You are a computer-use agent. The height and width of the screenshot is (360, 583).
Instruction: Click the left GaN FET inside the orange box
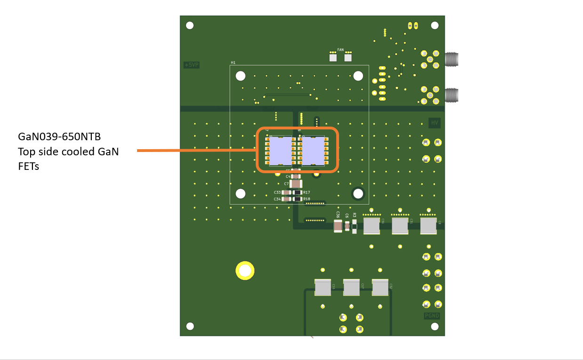(280, 152)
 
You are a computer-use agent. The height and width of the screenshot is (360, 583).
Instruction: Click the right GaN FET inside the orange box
(313, 152)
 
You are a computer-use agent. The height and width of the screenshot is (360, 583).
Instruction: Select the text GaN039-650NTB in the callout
(60, 137)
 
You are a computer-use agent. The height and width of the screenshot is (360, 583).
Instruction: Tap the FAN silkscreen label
(340, 49)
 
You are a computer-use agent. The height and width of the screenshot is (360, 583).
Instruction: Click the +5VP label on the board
(192, 65)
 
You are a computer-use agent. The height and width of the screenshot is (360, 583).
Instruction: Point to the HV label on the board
(435, 123)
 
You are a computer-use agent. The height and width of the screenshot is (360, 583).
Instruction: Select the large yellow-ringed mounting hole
(245, 271)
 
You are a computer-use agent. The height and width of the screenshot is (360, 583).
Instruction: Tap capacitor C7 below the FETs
(296, 184)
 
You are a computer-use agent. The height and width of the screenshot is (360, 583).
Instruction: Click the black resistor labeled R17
(297, 192)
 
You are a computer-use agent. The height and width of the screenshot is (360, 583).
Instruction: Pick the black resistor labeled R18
(297, 199)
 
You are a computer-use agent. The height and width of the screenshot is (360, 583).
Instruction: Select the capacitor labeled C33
(285, 192)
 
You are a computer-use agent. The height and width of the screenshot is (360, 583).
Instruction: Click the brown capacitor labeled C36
(338, 227)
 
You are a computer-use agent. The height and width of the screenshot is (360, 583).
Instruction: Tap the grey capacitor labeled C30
(372, 226)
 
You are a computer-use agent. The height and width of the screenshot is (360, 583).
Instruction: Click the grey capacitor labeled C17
(351, 287)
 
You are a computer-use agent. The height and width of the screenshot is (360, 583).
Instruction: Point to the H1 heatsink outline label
(233, 62)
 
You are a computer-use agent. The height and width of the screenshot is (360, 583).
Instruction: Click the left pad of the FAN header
(333, 58)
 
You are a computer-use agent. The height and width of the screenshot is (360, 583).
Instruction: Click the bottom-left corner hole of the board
(190, 326)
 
